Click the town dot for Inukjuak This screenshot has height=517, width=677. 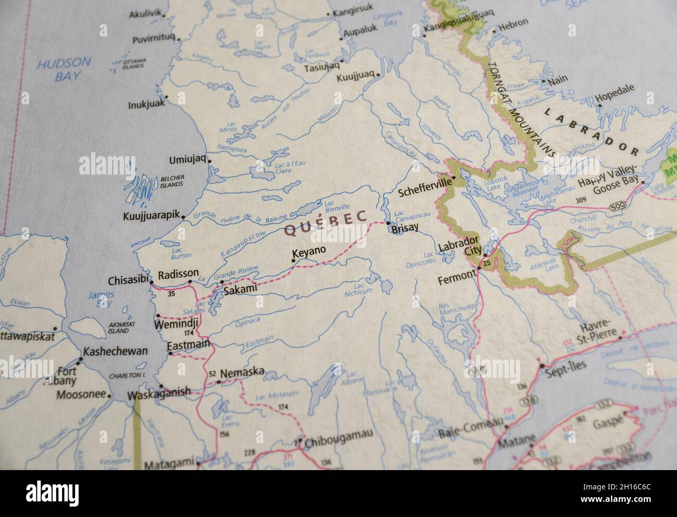coord(166,96)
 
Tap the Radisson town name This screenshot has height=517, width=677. coord(178,274)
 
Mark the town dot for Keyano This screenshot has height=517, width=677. coord(294,261)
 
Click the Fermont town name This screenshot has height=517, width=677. coord(457,279)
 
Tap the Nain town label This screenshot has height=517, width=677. coord(560,79)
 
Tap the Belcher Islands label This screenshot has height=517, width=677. coord(172,181)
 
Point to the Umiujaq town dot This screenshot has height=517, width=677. coord(209,161)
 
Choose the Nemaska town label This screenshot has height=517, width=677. coord(242,374)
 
